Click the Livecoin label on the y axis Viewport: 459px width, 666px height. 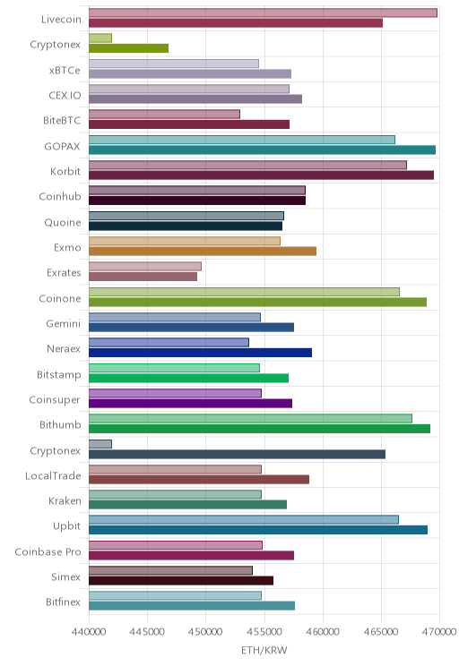coord(61,19)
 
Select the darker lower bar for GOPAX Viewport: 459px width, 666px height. coord(262,149)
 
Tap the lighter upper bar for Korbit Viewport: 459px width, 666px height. coord(247,165)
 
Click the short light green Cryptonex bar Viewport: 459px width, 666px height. coord(100,38)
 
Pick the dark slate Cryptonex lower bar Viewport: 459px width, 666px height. coord(237,454)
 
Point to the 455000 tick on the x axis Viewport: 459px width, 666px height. coord(264,632)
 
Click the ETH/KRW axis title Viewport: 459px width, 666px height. coord(264,650)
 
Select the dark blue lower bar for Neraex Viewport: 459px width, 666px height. coord(200,353)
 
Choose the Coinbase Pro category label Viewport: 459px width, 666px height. coord(48,551)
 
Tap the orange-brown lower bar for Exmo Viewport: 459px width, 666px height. coord(203,251)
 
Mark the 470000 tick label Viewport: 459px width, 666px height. coord(439,632)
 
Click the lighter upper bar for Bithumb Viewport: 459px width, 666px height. coord(250,418)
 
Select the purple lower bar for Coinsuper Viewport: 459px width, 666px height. coord(191,404)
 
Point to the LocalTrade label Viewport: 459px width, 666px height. coord(53,475)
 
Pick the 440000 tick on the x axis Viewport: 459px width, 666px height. coord(89,632)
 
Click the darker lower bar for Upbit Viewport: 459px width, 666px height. coord(258,530)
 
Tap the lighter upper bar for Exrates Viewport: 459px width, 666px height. coord(145,267)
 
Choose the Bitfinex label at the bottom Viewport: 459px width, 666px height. coord(63,602)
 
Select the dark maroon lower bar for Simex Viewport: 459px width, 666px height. coord(181,581)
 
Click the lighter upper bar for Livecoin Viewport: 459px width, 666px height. coord(263,13)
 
